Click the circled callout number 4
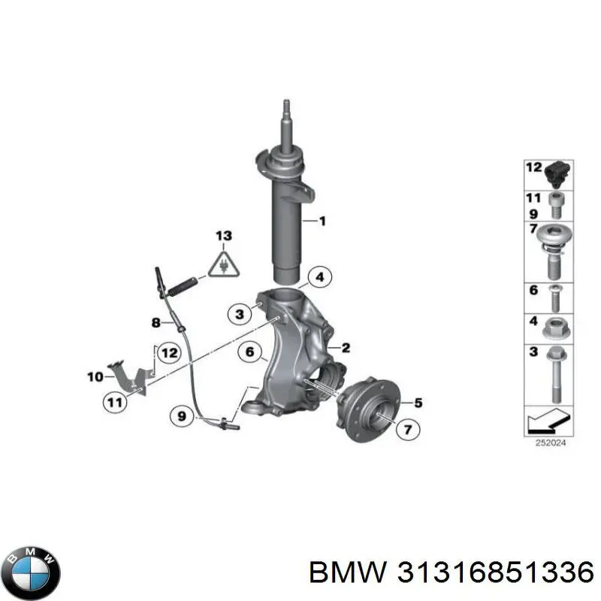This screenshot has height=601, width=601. (x=319, y=277)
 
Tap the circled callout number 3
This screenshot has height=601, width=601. (x=240, y=314)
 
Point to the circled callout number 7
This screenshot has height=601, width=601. (x=409, y=430)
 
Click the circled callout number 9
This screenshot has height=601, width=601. (x=181, y=413)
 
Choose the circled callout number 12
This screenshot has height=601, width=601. (x=168, y=352)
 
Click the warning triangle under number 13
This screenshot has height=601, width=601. (x=223, y=265)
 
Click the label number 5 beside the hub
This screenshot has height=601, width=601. (x=418, y=403)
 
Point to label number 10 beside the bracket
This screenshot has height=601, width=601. (x=95, y=376)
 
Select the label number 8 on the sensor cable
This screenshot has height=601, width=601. (x=156, y=322)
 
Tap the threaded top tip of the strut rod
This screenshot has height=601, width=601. (x=285, y=106)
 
